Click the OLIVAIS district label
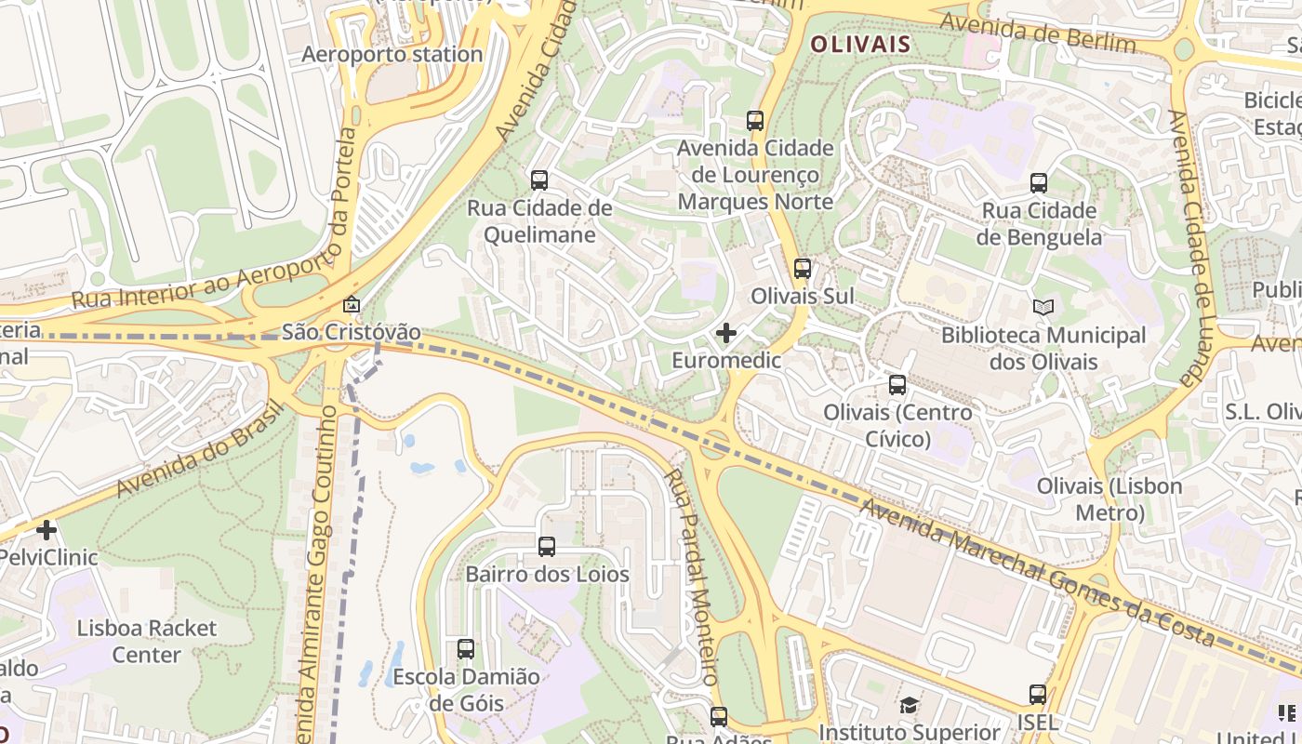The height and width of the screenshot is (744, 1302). click(860, 44)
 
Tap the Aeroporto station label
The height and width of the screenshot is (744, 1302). click(392, 54)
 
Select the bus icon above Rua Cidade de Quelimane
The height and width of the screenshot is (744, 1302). click(539, 180)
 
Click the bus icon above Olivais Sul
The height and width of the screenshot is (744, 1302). click(802, 269)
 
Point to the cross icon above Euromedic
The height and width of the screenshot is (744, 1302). click(726, 332)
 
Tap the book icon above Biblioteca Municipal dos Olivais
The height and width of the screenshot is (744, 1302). click(1043, 307)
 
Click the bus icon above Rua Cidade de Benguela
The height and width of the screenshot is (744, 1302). click(1039, 183)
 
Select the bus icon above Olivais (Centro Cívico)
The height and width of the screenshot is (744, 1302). click(897, 384)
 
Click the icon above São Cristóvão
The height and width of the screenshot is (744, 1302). click(352, 304)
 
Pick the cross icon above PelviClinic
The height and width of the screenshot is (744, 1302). click(46, 530)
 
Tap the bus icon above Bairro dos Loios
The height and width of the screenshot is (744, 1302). click(547, 547)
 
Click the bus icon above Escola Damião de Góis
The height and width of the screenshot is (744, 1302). click(465, 648)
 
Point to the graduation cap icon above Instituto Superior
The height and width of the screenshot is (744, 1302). click(909, 706)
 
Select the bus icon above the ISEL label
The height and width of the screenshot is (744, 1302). click(1037, 694)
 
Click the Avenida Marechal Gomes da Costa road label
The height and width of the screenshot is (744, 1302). click(1036, 574)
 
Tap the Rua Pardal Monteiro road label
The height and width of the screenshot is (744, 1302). click(694, 577)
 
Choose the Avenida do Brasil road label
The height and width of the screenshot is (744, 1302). click(200, 448)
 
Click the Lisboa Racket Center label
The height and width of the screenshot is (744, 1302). click(147, 641)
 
